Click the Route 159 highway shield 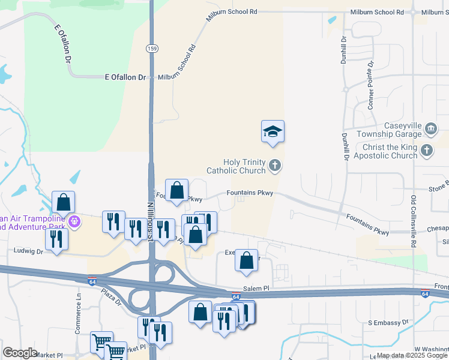152,49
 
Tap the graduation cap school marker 273,132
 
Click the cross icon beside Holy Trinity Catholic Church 275,166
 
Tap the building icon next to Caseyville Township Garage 430,129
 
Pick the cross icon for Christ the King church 427,151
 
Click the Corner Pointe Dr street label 371,83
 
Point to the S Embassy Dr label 388,323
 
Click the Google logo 20,353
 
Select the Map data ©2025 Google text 411,356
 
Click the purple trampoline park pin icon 74,221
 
